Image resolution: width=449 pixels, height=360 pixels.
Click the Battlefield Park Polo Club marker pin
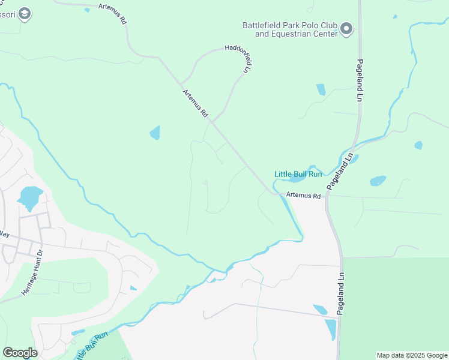coord(346,28)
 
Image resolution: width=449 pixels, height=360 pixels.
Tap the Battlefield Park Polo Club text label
coord(289,29)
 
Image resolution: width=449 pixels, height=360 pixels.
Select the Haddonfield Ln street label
coord(237,59)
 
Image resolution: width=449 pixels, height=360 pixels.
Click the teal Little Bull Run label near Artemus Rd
coord(298,174)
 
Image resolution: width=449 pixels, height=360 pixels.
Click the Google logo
coord(20,353)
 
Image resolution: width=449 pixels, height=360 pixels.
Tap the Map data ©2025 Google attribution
coord(412,355)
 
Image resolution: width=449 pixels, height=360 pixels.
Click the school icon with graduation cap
coord(24,13)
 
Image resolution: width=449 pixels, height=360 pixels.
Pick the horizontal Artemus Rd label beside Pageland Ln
coord(303,194)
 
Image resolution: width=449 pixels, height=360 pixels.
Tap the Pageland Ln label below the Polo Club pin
coord(360,80)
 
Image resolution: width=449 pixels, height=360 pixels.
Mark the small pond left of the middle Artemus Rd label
coord(155,133)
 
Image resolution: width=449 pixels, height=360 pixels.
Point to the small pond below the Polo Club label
coord(321,89)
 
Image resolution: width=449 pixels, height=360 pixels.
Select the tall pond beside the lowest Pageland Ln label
coord(331,329)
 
